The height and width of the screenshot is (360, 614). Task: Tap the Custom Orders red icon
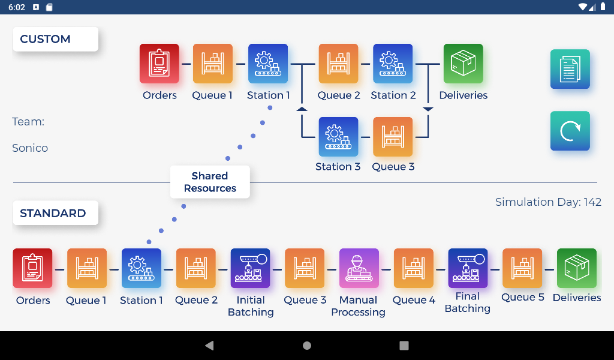[x=159, y=63]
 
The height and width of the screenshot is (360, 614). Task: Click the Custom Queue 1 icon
[x=213, y=63]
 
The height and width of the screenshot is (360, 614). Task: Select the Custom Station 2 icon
[x=393, y=63]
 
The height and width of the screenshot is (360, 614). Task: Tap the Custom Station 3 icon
[x=338, y=136]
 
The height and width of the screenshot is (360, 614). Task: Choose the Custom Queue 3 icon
[x=393, y=136]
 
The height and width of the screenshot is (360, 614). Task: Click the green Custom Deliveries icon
[x=463, y=63]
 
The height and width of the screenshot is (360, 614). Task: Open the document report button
[x=570, y=69]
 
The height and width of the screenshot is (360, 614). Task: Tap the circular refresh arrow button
[x=570, y=131]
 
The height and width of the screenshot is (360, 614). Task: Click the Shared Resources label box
[x=210, y=182]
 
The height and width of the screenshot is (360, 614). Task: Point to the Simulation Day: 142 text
[x=548, y=202]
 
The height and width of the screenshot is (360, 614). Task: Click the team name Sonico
[x=30, y=148]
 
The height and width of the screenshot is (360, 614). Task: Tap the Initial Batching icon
[x=251, y=268]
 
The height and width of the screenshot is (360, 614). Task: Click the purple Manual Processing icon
[x=359, y=268]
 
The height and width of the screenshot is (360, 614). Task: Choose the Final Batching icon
[x=468, y=268]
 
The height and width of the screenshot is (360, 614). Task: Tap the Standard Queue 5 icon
[x=522, y=268]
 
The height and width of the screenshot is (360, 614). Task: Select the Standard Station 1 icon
[x=142, y=268]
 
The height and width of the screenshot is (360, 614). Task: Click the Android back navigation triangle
[x=209, y=346]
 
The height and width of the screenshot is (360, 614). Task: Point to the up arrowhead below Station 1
[x=302, y=109]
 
